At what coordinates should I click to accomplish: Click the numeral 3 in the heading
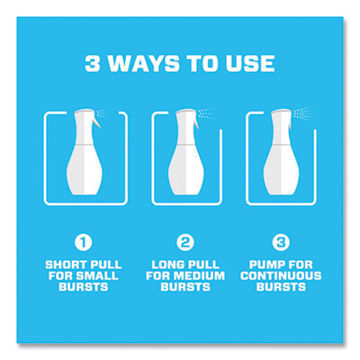coord(93,63)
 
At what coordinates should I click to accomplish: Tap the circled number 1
coord(83,242)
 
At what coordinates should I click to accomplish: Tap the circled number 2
coord(185,242)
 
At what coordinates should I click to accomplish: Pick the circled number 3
coord(281,242)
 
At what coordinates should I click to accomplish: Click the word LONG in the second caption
coord(166,265)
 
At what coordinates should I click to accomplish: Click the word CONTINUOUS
coord(281,276)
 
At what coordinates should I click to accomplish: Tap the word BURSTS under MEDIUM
coord(185,287)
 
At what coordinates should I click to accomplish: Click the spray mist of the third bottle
coord(304,114)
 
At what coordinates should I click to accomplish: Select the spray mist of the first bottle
coord(101,114)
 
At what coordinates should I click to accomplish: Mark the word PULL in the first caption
coord(106,265)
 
